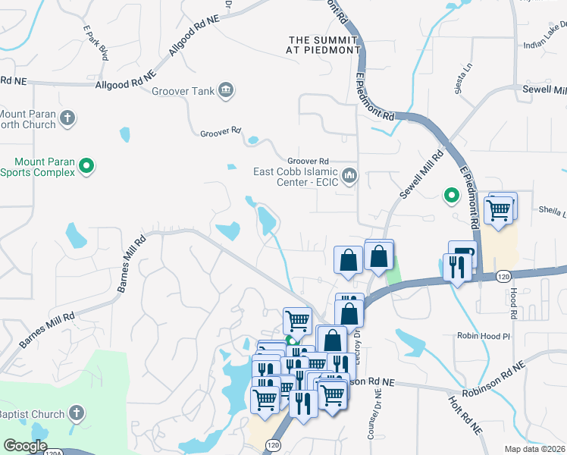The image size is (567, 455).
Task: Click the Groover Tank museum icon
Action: tap(225, 92)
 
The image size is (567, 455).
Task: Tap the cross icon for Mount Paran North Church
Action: tap(67, 118)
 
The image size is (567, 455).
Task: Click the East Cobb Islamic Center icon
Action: tap(349, 176)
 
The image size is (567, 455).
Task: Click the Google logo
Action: tap(25, 446)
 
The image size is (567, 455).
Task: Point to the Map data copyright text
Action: tap(534, 449)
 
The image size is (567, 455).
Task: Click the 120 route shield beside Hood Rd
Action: tap(502, 278)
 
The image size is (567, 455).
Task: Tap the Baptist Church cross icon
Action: tap(75, 413)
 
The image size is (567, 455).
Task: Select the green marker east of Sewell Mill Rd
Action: tap(451, 196)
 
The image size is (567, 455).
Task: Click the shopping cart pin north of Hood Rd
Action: tap(499, 211)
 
